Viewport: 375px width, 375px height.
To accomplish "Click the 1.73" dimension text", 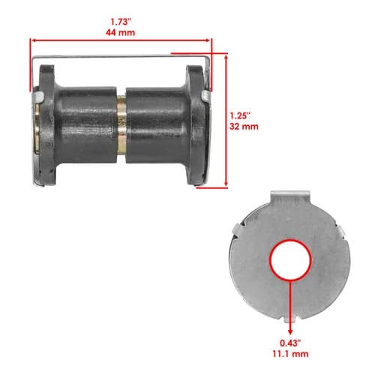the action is pos(121,22).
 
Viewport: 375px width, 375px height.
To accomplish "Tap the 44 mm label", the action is pos(120,32).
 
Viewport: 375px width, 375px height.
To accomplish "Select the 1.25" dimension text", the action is pos(240,115).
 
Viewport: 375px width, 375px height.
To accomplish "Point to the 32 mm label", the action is pos(244,127).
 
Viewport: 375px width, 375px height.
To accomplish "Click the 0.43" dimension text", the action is pos(290,343).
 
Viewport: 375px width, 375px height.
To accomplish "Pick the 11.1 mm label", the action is pos(290,354).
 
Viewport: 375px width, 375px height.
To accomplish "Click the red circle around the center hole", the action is pos(290,260).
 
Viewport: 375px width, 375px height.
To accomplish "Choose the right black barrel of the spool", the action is pos(156,125).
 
